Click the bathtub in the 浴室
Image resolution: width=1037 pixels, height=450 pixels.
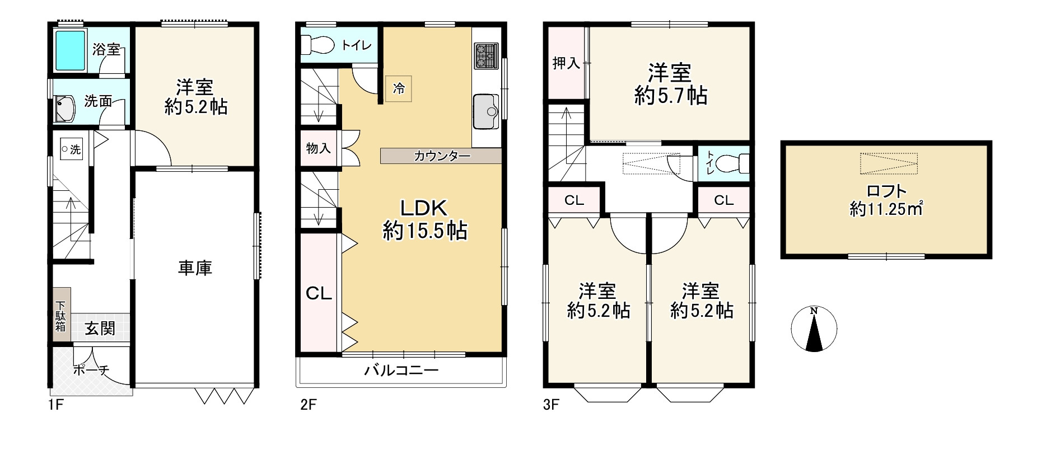click(71, 50)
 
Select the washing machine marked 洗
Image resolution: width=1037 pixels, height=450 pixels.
click(71, 149)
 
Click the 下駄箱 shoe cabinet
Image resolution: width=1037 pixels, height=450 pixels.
click(62, 317)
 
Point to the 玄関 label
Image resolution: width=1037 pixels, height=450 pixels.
click(100, 329)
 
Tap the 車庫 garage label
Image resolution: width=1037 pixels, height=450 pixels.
click(195, 268)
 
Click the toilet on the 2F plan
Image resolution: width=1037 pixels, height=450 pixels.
click(317, 44)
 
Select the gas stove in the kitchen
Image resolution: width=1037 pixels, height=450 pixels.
click(487, 56)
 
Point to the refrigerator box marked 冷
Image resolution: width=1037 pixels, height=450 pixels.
click(398, 88)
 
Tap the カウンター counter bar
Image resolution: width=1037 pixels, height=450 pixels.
click(441, 156)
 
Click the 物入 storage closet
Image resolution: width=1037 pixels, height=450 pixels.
click(319, 148)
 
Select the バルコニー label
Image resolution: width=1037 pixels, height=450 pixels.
click(401, 371)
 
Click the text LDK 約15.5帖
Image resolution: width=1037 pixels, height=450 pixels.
click(424, 219)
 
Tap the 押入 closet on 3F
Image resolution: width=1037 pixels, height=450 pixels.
click(566, 63)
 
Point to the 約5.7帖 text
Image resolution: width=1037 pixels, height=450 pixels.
click(671, 96)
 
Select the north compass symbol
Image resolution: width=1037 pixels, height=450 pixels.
click(814, 329)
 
